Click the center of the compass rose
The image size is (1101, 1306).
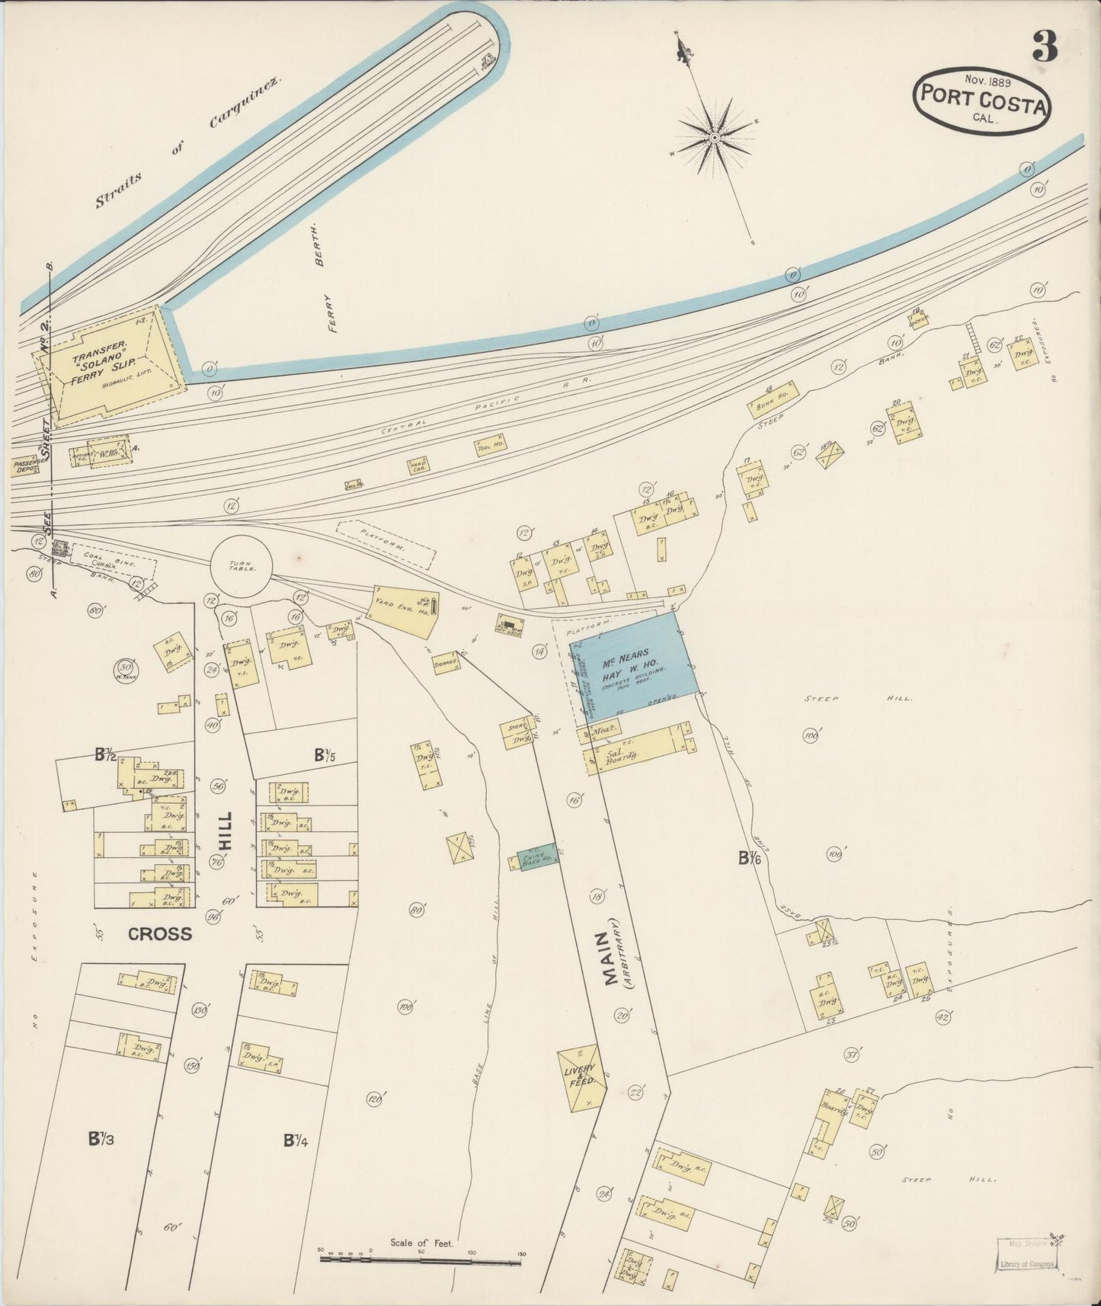coord(715,137)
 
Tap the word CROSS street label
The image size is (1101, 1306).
coord(160,934)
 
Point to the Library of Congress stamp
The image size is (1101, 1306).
coord(1026,1256)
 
